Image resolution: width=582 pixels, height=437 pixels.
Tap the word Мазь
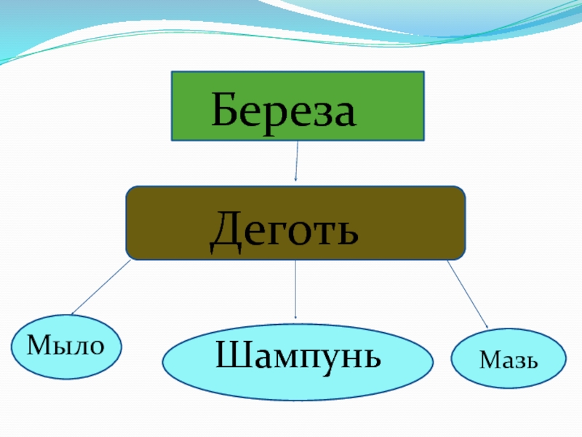508,359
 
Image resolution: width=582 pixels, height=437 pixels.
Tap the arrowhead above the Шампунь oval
296,316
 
